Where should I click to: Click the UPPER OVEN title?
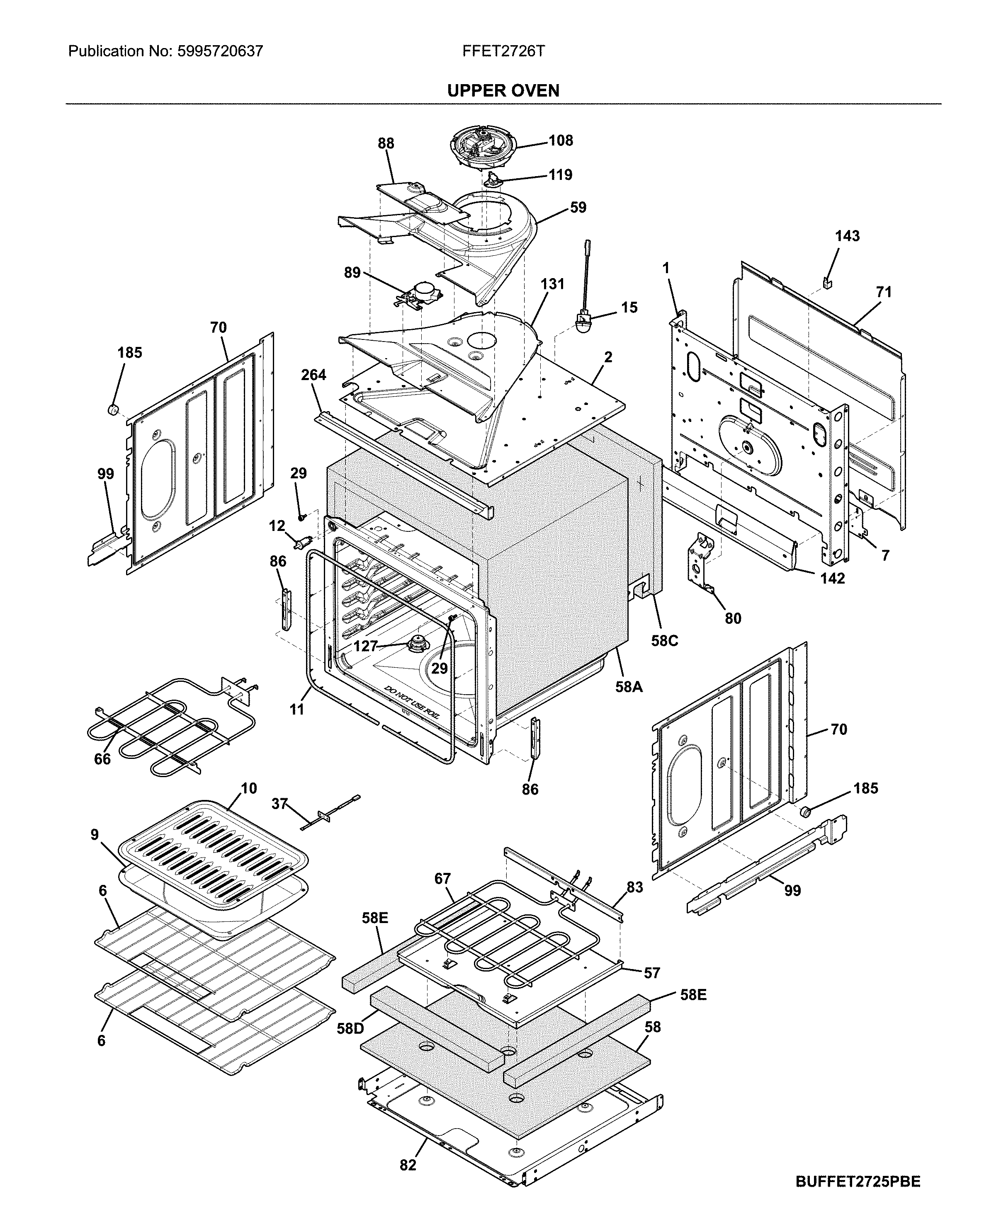[503, 90]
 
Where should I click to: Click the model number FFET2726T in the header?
[503, 51]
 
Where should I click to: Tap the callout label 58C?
[664, 640]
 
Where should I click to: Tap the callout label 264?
[313, 375]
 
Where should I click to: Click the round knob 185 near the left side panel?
[114, 409]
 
